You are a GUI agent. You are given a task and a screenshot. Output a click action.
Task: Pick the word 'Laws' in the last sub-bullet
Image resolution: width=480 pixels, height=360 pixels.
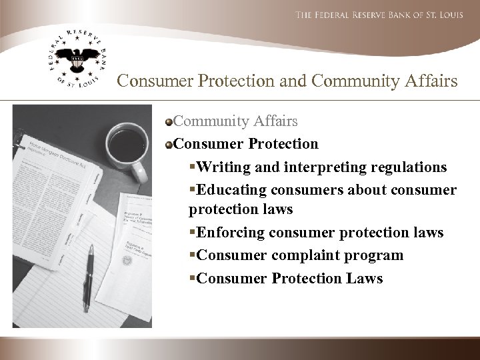point(365,278)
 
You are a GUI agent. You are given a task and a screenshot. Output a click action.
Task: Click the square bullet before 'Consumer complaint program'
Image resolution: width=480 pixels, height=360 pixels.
point(193,256)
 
